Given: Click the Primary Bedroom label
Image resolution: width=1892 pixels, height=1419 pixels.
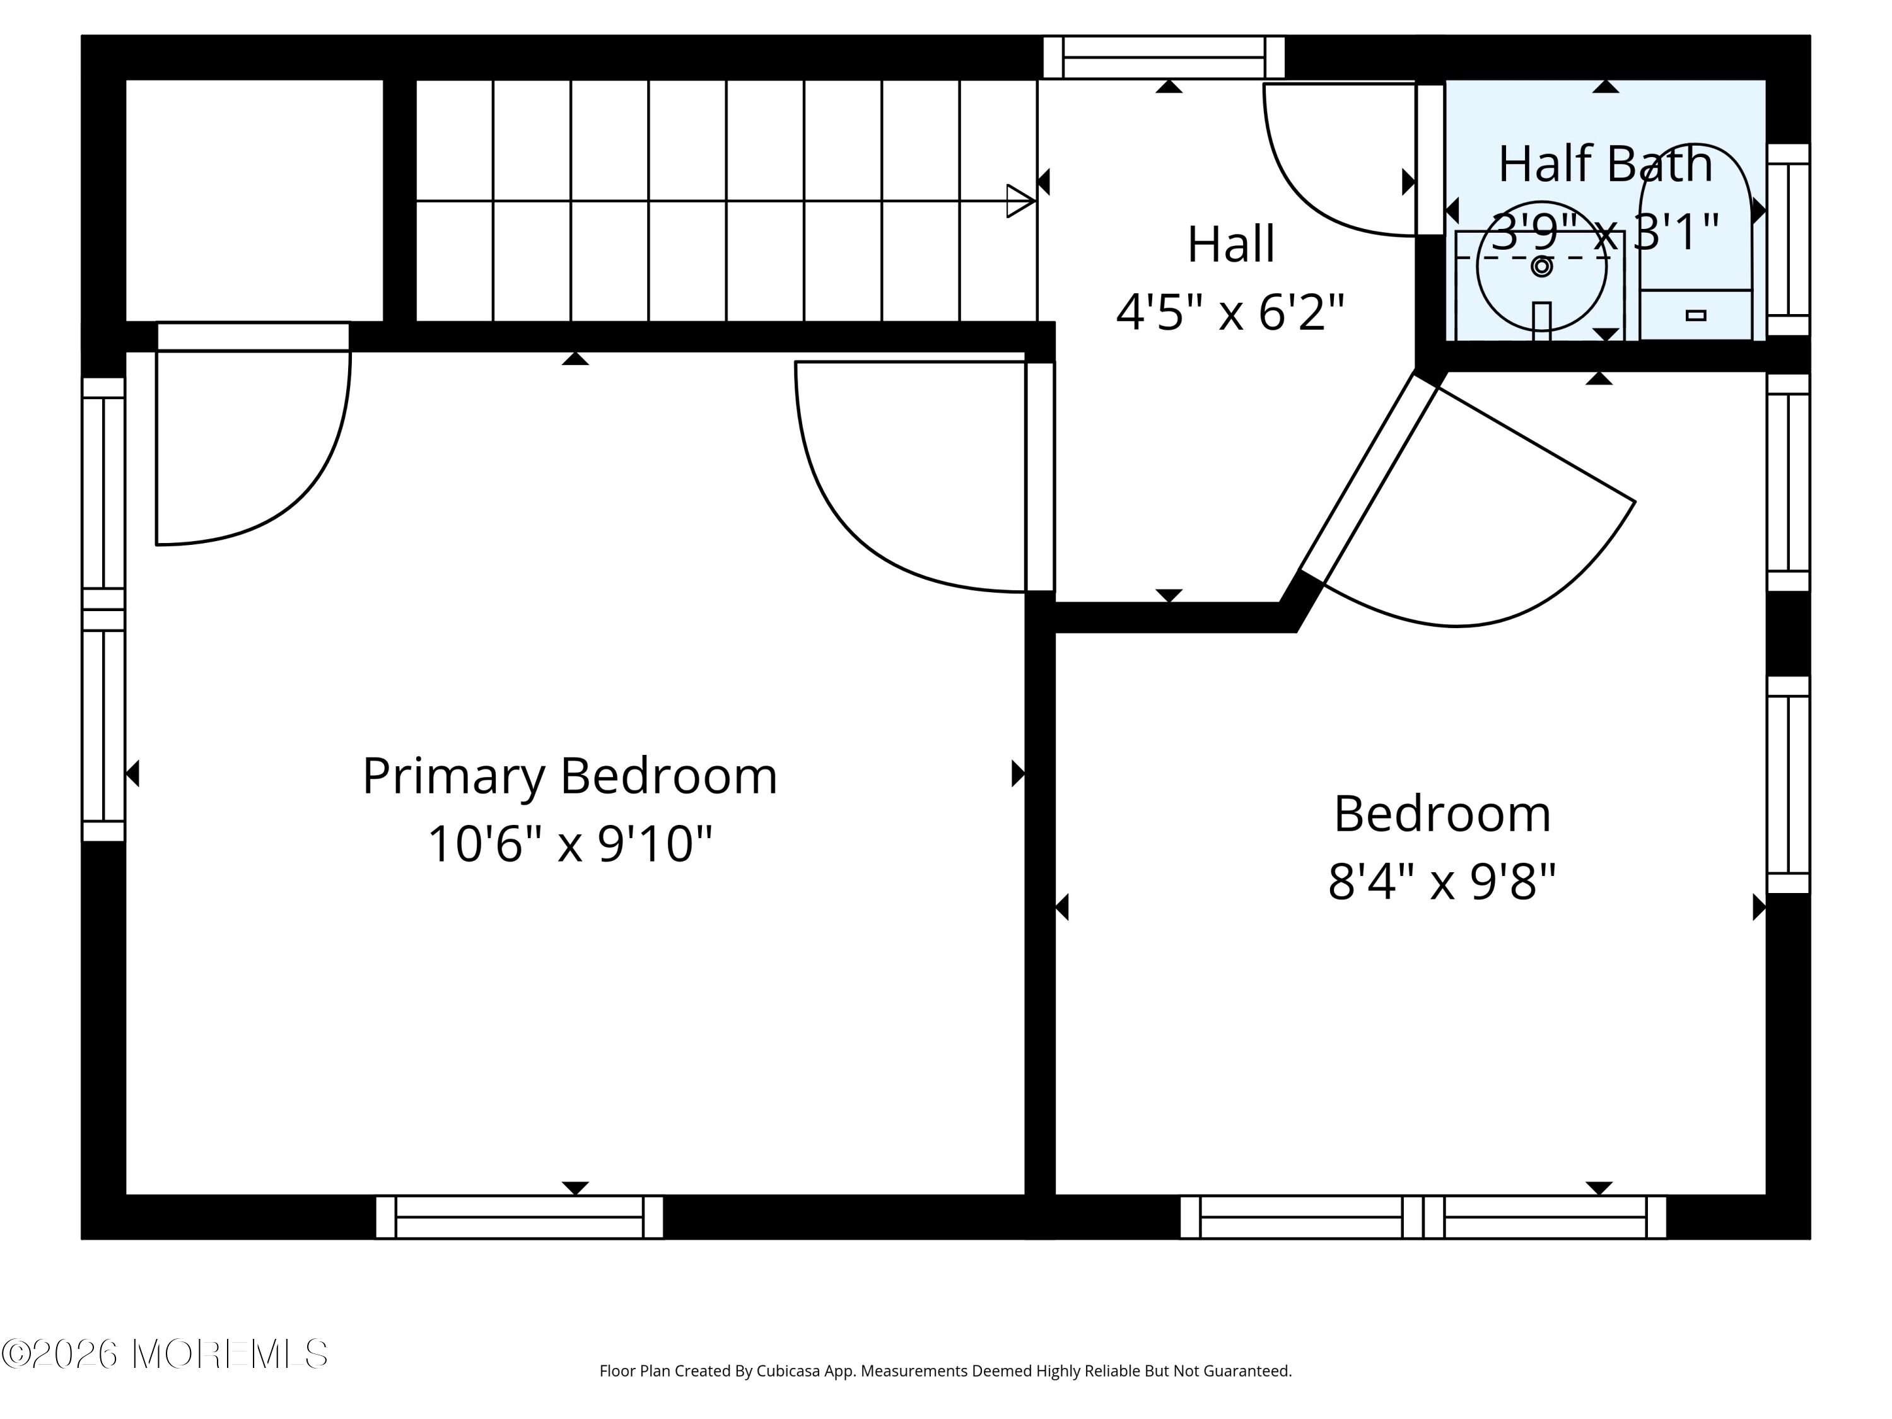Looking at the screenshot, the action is pos(569,776).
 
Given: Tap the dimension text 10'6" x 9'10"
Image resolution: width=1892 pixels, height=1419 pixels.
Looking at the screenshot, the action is pos(569,844).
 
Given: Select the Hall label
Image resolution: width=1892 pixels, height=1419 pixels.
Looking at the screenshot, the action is pos(1231,245).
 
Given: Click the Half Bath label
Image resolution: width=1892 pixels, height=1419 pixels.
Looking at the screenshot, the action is pos(1606,164).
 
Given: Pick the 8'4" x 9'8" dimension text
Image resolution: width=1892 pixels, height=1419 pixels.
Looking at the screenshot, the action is pos(1442,881).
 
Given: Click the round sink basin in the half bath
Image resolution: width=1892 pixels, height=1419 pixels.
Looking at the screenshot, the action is pos(1541,267).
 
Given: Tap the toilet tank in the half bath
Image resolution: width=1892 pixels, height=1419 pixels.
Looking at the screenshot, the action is pos(1695,315).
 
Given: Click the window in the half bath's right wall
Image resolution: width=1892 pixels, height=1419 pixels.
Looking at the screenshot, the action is pos(1788,240).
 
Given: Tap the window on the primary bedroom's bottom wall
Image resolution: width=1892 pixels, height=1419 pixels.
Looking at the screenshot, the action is pos(519,1217).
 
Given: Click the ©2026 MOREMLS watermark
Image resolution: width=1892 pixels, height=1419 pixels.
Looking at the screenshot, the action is pos(165,1354).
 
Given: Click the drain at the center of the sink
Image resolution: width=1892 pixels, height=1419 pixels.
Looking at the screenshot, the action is pos(1541,267).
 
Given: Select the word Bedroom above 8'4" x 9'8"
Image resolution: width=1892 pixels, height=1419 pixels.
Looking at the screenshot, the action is pos(1442,814).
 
